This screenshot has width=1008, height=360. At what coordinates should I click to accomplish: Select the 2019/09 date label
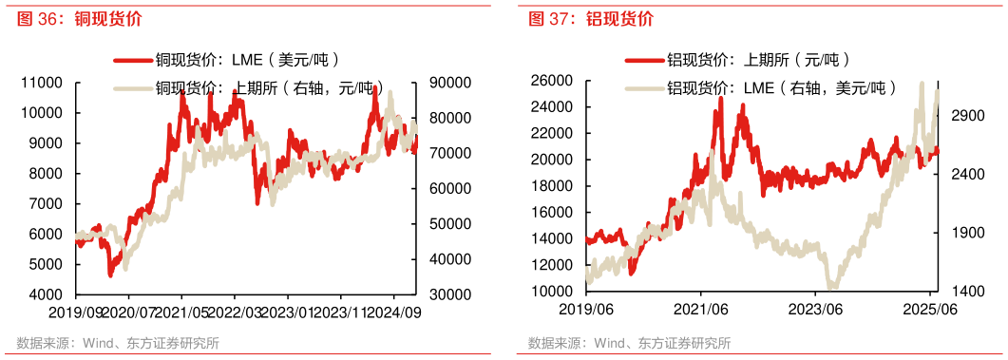(48, 311)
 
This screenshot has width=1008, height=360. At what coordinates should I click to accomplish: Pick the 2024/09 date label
(391, 311)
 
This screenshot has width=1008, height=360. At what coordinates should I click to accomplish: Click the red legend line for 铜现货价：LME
(132, 60)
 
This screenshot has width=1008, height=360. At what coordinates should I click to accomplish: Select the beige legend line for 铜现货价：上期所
(132, 88)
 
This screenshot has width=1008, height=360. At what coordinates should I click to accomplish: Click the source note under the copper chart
(118, 343)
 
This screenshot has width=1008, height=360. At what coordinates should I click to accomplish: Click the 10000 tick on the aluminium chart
(551, 292)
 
